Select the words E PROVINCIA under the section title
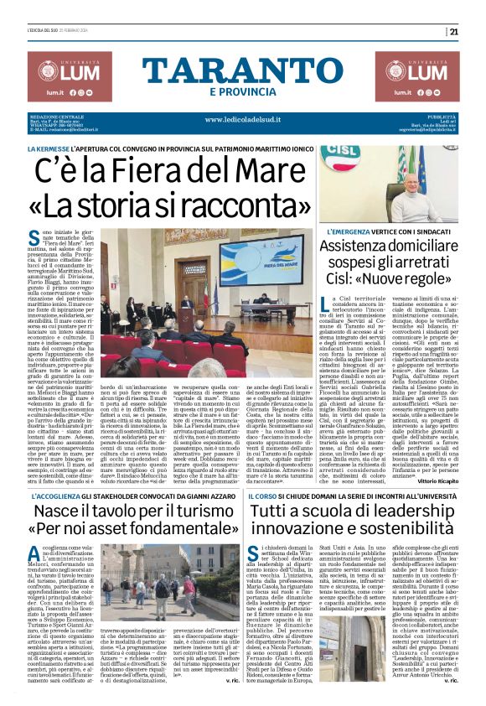241,91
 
